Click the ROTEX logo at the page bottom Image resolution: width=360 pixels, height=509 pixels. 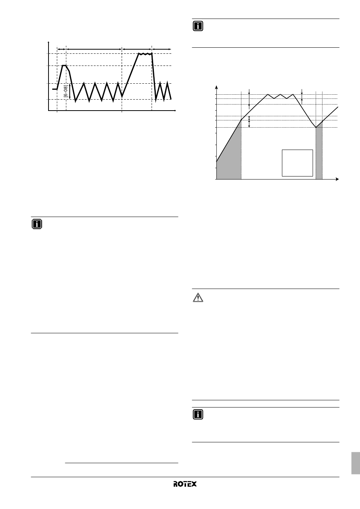tap(185, 484)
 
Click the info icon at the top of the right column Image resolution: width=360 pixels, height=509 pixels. tap(197, 26)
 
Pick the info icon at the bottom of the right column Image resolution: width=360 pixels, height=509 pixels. tap(197, 415)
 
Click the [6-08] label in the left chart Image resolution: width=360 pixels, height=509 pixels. tap(66, 91)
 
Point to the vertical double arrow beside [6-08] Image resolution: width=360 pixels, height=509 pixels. tap(70, 91)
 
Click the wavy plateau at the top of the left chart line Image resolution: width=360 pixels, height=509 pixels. tap(145, 54)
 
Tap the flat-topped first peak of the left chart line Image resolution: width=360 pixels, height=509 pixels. tap(64, 66)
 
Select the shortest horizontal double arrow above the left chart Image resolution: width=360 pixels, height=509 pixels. tap(61, 49)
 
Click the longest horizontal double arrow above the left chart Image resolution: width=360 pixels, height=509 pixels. tap(94, 49)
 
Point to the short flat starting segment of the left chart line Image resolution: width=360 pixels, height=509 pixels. tap(55, 89)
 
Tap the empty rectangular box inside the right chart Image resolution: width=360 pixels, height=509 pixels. tap(297, 163)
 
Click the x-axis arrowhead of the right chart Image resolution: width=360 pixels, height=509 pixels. tap(337, 179)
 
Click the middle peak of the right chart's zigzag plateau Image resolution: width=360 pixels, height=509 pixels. tap(280, 94)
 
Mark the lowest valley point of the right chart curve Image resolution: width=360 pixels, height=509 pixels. tap(316, 127)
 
